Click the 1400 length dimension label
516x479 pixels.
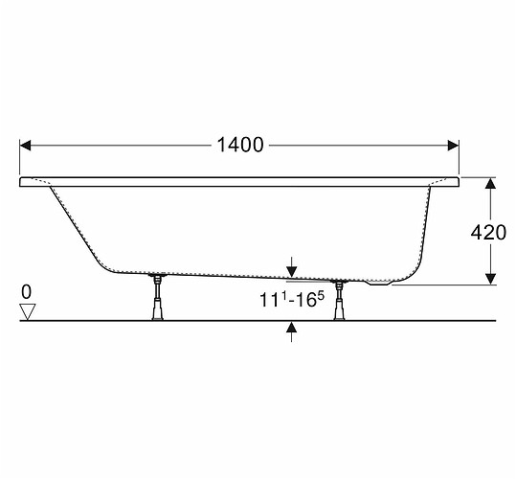[x=240, y=145]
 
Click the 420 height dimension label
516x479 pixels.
[x=488, y=233]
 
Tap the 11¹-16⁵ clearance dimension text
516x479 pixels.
[x=292, y=299]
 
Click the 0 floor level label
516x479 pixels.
[x=27, y=291]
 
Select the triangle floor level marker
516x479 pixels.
[x=28, y=311]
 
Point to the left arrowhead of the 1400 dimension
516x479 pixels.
[x=25, y=146]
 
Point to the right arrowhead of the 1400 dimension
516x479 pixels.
[x=453, y=146]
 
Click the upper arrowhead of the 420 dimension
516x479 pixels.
[x=491, y=183]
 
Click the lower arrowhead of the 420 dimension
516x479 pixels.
[x=491, y=279]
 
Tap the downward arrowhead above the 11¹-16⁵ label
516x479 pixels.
[x=292, y=272]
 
